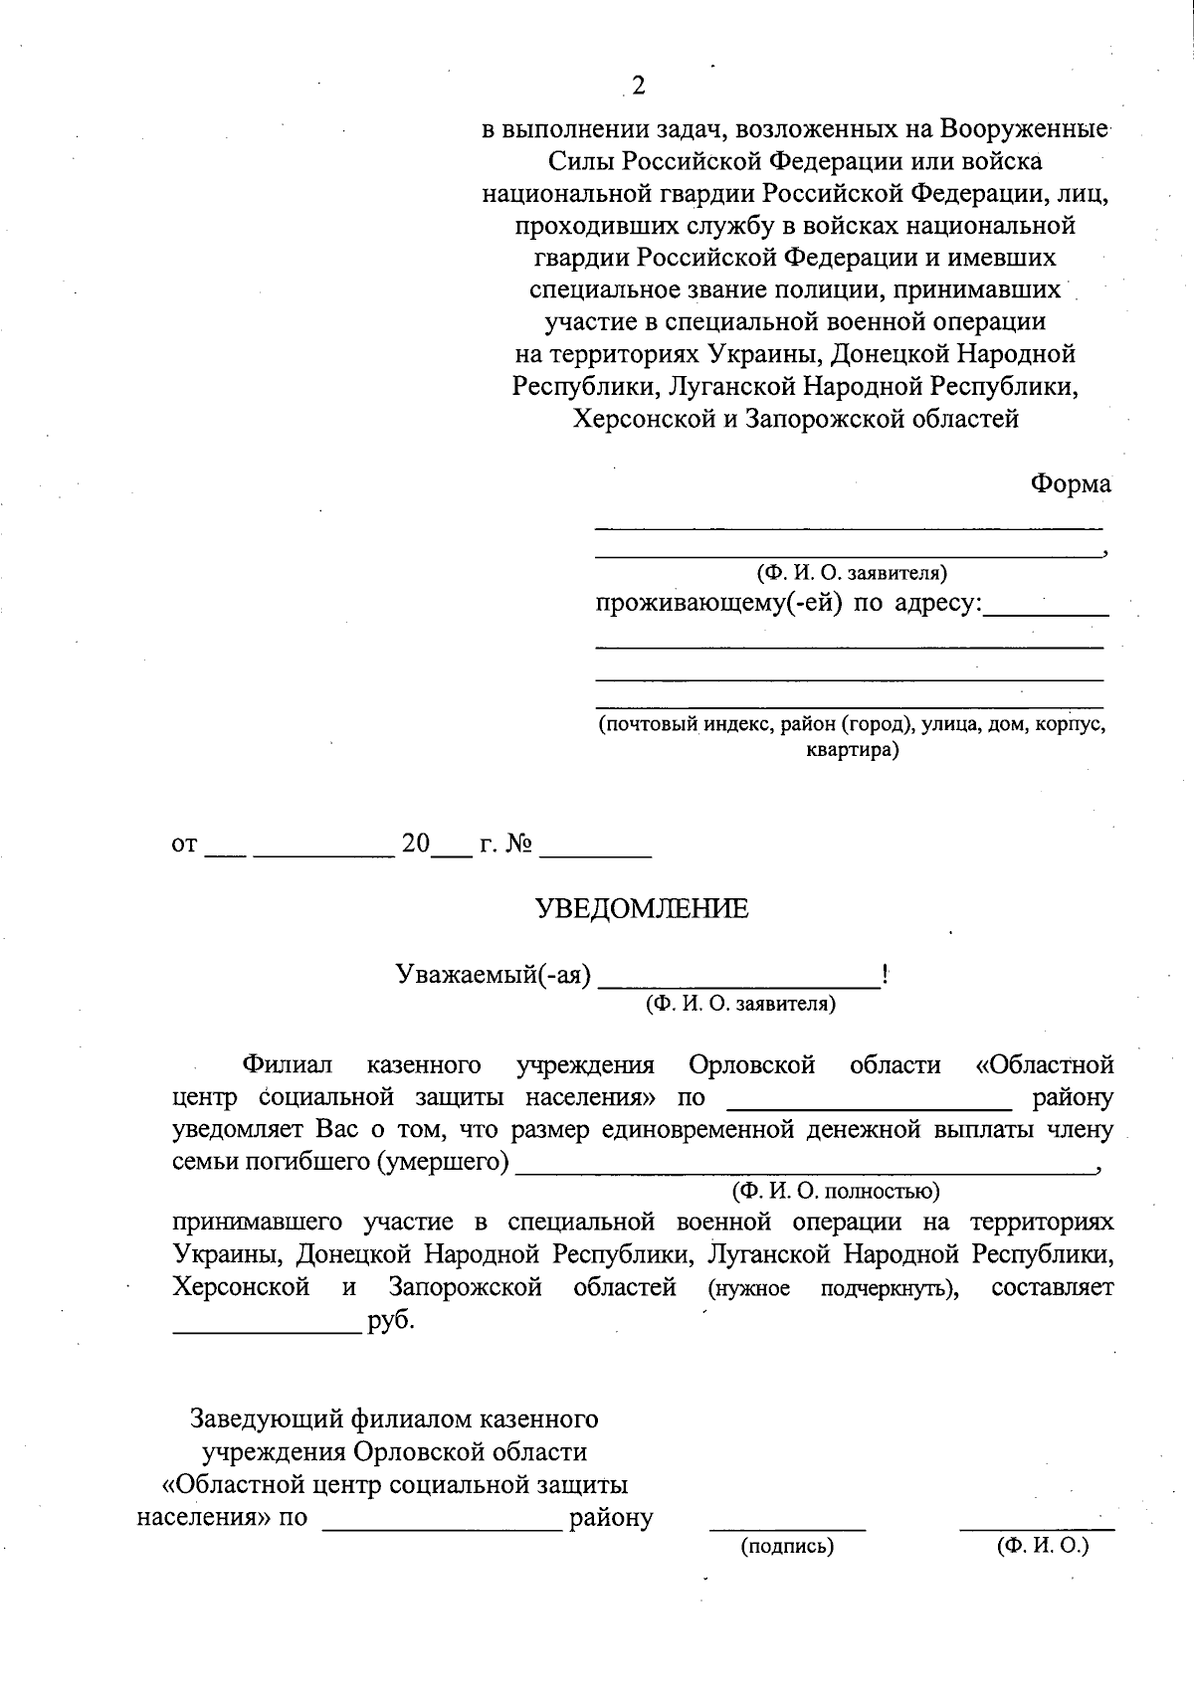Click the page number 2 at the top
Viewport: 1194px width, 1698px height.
coord(638,87)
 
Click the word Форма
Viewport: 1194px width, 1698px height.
coord(1070,483)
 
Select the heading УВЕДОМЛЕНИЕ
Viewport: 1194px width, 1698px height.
coord(642,908)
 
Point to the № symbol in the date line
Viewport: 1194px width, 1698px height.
coord(519,845)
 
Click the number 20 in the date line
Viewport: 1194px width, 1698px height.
coord(415,845)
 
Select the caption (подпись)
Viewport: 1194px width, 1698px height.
coord(787,1546)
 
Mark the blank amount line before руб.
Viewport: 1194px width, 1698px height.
coord(267,1331)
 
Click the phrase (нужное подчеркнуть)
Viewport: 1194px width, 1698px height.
coord(834,1289)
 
